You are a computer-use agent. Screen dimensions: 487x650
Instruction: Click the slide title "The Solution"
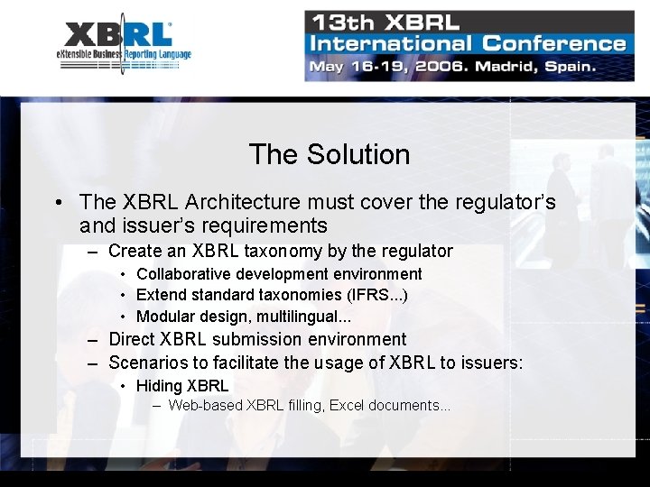[x=329, y=154]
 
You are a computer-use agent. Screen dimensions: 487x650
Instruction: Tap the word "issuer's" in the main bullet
[x=156, y=225]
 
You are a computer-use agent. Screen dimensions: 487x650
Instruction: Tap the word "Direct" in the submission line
[x=132, y=339]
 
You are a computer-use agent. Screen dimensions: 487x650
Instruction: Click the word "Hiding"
[x=159, y=386]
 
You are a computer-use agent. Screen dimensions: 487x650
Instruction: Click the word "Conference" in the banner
[x=554, y=43]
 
